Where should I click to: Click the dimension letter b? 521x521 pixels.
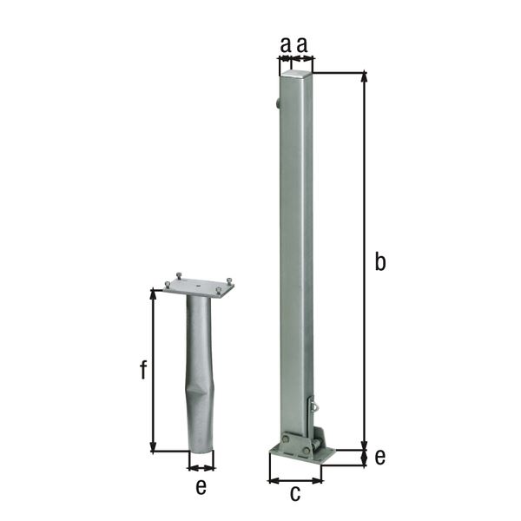(379, 261)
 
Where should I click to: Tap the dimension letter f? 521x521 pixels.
(143, 371)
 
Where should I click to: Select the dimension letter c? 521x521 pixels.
(294, 494)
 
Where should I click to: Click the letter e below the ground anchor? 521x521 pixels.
(201, 487)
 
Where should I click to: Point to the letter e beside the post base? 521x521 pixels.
(379, 456)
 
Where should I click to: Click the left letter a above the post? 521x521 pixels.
(285, 43)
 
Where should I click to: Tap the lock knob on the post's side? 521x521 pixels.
(276, 105)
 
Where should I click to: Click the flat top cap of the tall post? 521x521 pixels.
(296, 76)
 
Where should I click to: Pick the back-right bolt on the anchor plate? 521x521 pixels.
(230, 279)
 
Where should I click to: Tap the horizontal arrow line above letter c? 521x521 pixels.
(294, 479)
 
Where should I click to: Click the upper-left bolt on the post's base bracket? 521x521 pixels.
(284, 441)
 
